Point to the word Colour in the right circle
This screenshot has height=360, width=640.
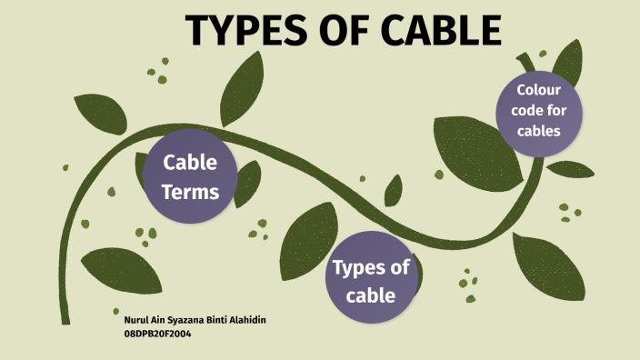539,90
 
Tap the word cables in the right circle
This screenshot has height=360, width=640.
539,131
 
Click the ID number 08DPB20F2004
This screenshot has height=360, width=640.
157,334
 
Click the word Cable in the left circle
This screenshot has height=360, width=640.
190,164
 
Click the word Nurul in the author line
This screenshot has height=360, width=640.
133,321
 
